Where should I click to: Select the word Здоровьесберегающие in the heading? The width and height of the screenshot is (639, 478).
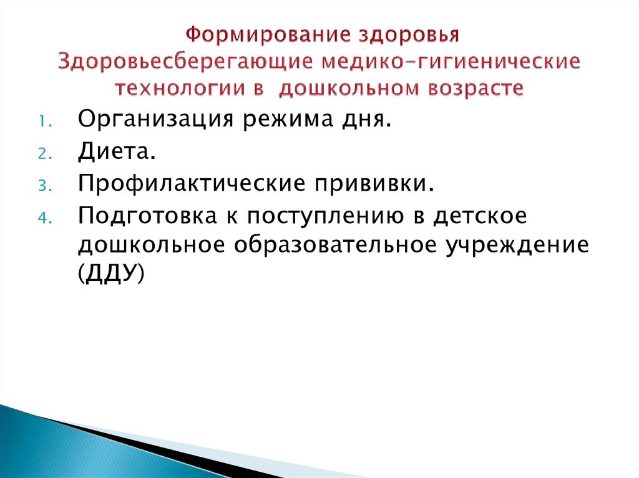186,62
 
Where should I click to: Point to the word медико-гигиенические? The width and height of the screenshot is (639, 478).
451,62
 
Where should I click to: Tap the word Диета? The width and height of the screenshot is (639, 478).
114,151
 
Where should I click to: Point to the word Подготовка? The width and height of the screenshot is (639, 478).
143,215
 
